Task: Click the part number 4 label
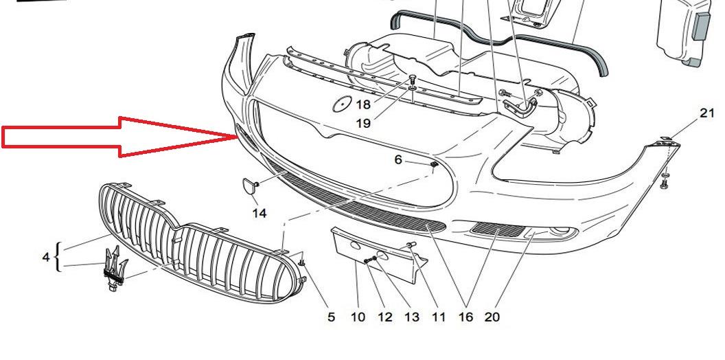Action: click(x=46, y=257)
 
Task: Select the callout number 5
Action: click(x=331, y=317)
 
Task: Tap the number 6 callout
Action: click(x=398, y=159)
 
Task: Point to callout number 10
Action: click(x=358, y=317)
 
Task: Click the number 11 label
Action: click(x=438, y=317)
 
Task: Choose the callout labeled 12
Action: click(x=384, y=317)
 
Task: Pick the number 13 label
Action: click(x=411, y=317)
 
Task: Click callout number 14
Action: click(x=260, y=213)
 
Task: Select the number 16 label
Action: click(x=465, y=317)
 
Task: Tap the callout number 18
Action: click(x=363, y=104)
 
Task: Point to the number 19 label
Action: click(x=363, y=124)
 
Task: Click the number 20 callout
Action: click(x=492, y=317)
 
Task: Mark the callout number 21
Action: click(x=707, y=113)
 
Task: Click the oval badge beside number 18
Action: click(x=343, y=104)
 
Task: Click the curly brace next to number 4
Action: click(x=58, y=257)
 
